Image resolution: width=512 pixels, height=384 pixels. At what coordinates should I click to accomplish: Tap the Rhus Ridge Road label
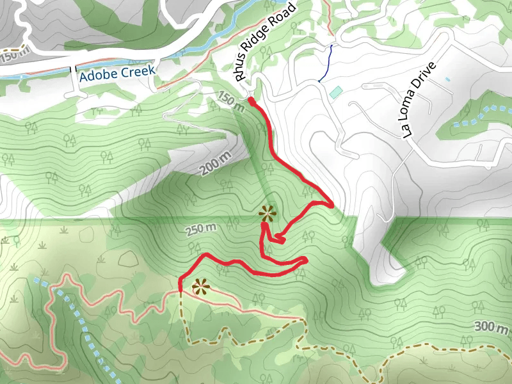pyautogui.click(x=266, y=42)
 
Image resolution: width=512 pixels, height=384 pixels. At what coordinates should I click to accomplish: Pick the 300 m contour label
pyautogui.click(x=492, y=327)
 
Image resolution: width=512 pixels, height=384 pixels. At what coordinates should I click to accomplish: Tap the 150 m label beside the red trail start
pyautogui.click(x=232, y=101)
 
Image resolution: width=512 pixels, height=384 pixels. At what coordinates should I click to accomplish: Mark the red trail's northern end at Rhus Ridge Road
pyautogui.click(x=250, y=100)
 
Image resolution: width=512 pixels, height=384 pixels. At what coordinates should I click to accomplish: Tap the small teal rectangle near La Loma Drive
pyautogui.click(x=336, y=92)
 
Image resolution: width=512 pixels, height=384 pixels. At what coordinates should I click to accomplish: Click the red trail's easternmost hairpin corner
pyautogui.click(x=332, y=205)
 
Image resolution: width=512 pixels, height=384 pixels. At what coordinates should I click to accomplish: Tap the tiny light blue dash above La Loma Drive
pyautogui.click(x=447, y=79)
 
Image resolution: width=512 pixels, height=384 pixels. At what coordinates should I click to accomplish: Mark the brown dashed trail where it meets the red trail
pyautogui.click(x=181, y=291)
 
